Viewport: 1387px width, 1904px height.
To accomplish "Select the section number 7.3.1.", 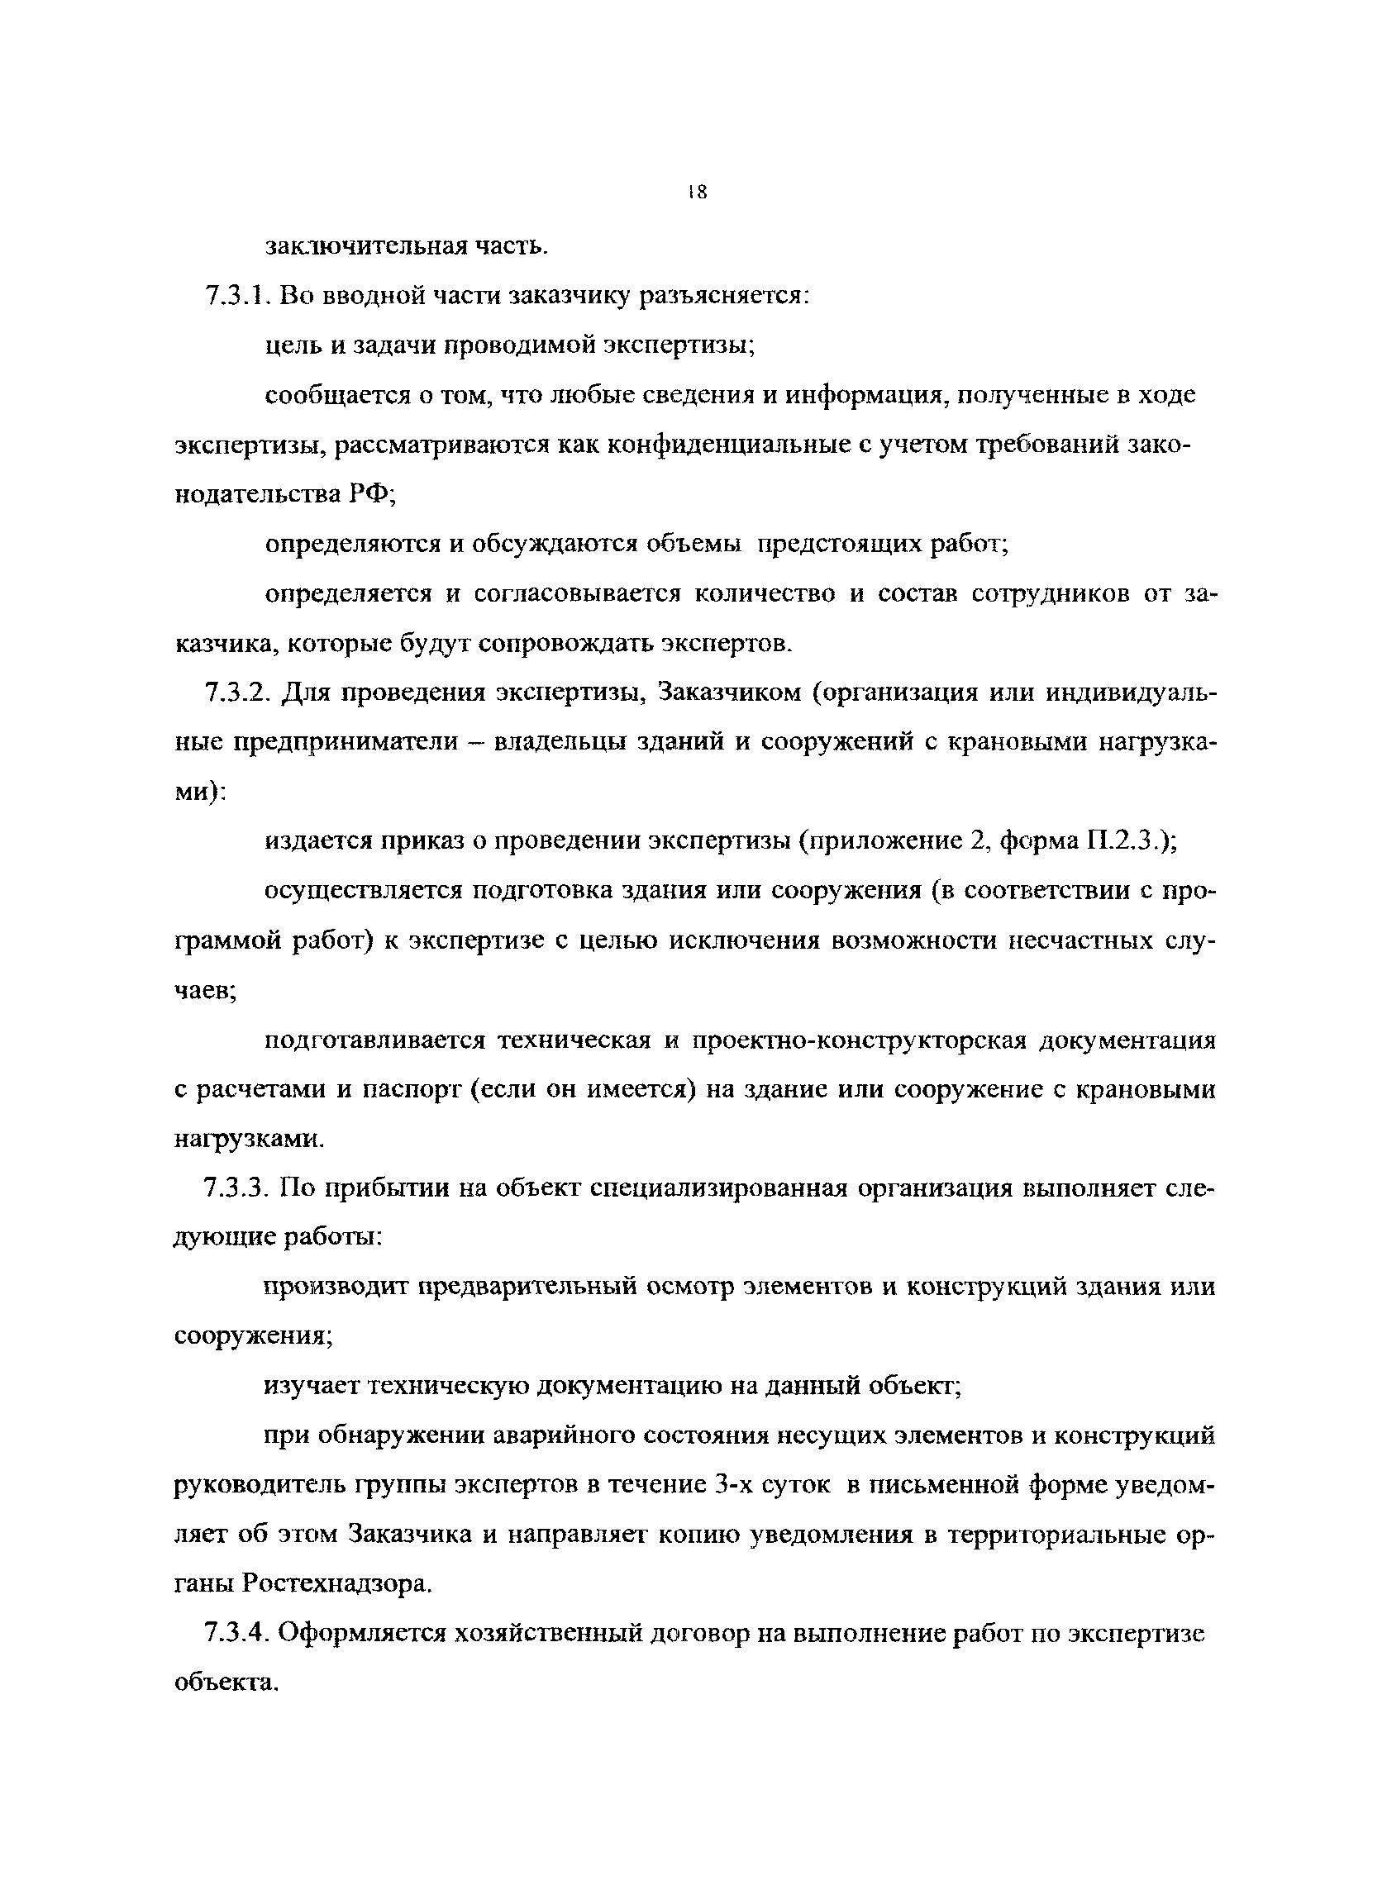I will pyautogui.click(x=235, y=297).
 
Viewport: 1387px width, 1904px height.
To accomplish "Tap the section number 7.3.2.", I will pyautogui.click(x=236, y=693).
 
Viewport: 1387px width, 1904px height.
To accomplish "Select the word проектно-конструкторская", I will pyautogui.click(x=860, y=1040).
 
